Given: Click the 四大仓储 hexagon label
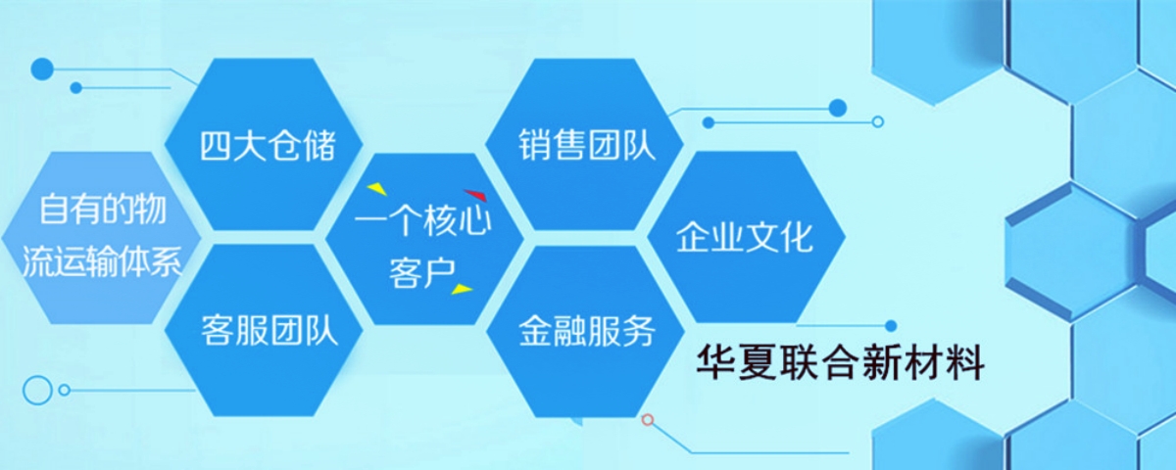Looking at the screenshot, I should (x=268, y=146).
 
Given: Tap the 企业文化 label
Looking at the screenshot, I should (x=745, y=238).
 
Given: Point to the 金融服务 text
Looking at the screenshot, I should (x=586, y=331).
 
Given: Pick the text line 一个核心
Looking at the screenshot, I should (x=422, y=223).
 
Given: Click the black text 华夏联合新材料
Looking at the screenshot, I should (x=840, y=364).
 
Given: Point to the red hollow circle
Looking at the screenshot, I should (x=647, y=419).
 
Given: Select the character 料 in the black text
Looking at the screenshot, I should (x=965, y=364).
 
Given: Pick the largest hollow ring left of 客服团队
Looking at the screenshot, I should (x=37, y=390).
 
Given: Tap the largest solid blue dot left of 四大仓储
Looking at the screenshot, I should (x=42, y=69).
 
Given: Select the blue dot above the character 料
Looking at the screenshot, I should (x=890, y=326).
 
